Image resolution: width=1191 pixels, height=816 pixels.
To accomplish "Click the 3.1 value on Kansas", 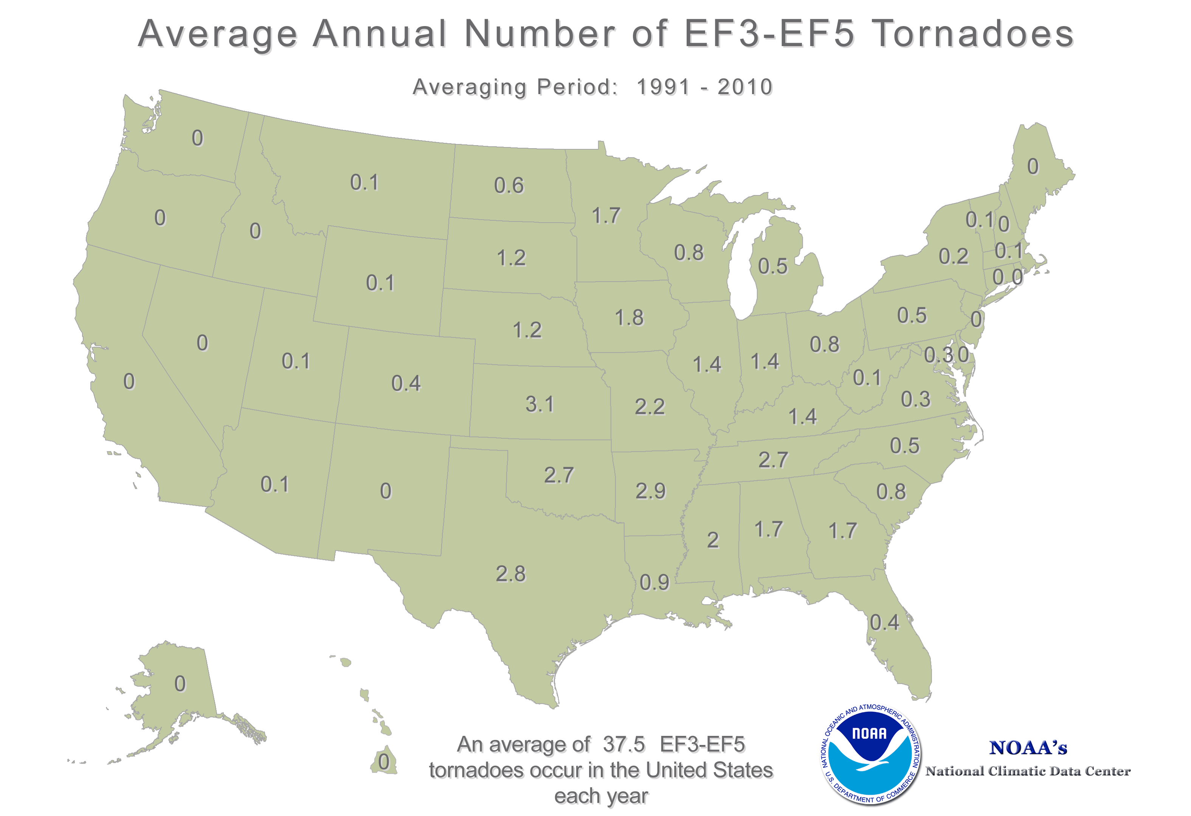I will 540,405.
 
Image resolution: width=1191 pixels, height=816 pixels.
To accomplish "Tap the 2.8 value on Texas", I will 510,574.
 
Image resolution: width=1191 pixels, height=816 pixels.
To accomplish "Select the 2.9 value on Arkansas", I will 650,491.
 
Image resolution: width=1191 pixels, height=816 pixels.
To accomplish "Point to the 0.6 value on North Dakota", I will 509,186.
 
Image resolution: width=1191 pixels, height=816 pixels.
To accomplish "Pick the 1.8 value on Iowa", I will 629,317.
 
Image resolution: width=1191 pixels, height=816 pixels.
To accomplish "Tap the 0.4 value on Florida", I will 884,622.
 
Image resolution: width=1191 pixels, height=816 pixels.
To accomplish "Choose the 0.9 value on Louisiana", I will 654,582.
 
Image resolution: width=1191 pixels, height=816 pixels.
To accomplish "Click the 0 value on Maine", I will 1033,166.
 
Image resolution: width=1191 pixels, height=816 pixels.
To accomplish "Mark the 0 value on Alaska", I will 180,684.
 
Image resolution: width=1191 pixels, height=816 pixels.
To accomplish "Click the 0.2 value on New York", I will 953,256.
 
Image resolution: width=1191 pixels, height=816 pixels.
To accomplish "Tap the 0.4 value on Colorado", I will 406,383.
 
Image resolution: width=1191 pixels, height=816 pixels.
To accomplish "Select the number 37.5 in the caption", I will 624,744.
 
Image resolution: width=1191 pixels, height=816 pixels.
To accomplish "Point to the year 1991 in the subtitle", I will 664,87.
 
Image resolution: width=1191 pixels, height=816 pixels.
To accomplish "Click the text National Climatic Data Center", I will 1028,771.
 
